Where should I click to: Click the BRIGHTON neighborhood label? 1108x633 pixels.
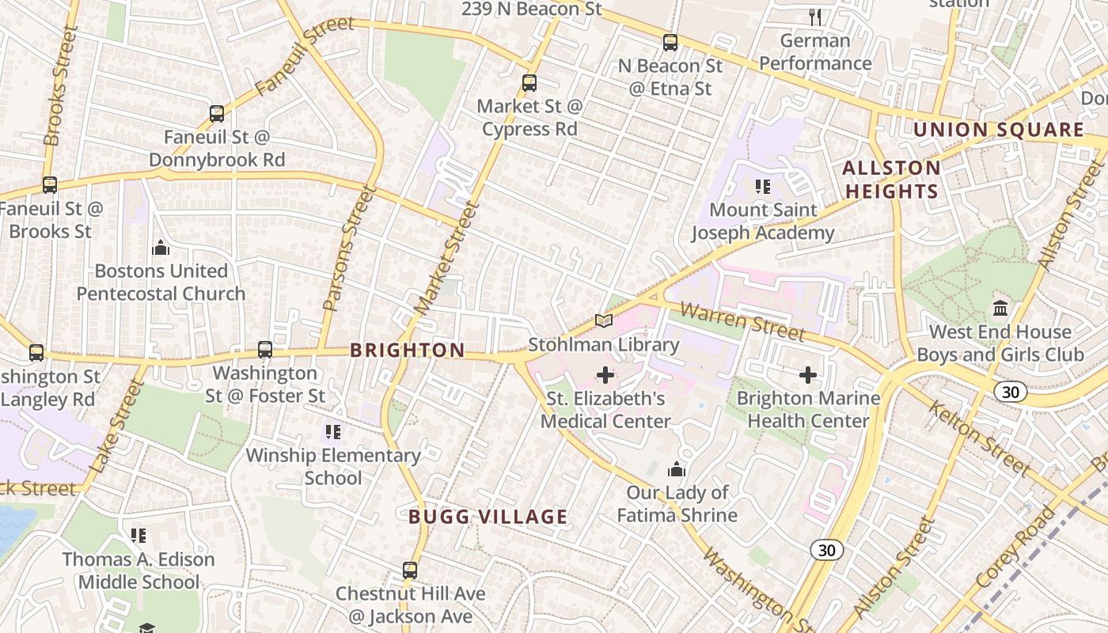[x=408, y=350]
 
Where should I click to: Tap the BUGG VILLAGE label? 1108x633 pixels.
[x=488, y=517]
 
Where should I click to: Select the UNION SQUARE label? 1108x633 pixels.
[x=999, y=130]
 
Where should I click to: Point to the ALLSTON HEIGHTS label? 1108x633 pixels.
[x=891, y=180]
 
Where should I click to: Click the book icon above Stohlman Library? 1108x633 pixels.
[x=604, y=320]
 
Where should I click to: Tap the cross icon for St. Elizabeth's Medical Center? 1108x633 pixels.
[x=605, y=374]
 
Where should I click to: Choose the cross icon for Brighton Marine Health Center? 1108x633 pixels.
[x=808, y=374]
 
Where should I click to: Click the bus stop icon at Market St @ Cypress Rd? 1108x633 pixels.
[x=529, y=82]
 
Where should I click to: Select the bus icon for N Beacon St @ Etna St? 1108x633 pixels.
[x=670, y=43]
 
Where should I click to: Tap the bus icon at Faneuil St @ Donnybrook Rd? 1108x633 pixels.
[x=217, y=113]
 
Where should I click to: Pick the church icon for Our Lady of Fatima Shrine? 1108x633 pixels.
[x=677, y=470]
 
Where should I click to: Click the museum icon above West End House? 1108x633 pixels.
[x=1000, y=308]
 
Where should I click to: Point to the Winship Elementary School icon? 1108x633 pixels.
[x=333, y=432]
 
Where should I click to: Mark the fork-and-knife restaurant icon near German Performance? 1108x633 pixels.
[x=815, y=17]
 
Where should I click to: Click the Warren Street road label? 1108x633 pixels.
[x=742, y=321]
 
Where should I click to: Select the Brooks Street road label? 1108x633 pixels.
[x=62, y=85]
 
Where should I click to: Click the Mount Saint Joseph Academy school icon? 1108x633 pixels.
[x=763, y=187]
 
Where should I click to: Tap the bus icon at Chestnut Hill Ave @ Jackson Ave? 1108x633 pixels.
[x=410, y=570]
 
